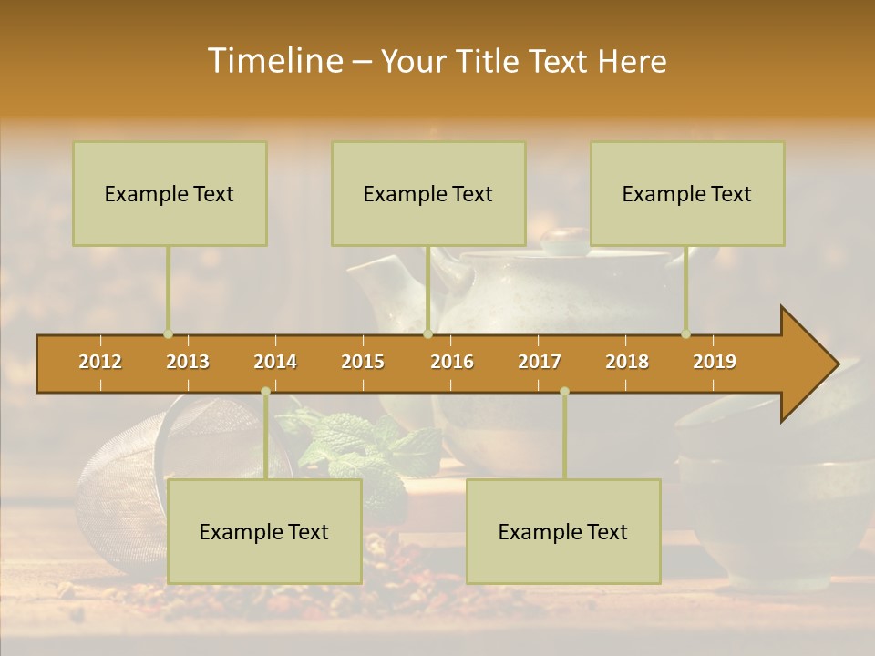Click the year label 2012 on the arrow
pyautogui.click(x=100, y=362)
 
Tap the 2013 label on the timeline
pyautogui.click(x=188, y=362)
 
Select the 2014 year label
pyautogui.click(x=275, y=362)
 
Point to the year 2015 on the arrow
pyautogui.click(x=363, y=362)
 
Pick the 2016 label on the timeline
pyautogui.click(x=452, y=362)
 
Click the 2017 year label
pyautogui.click(x=540, y=362)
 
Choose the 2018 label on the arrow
pyautogui.click(x=627, y=362)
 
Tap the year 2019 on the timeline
pyautogui.click(x=715, y=362)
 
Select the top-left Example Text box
pyautogui.click(x=170, y=194)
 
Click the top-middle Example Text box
pyautogui.click(x=428, y=194)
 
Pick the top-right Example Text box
pyautogui.click(x=687, y=194)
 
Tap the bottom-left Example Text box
pyautogui.click(x=264, y=531)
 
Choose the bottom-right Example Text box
pyautogui.click(x=563, y=531)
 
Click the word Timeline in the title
pyautogui.click(x=273, y=61)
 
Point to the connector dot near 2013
pyautogui.click(x=168, y=334)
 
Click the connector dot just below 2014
pyautogui.click(x=265, y=392)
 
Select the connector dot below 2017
pyautogui.click(x=564, y=392)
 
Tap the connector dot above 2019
pyautogui.click(x=685, y=334)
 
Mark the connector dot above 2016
pyautogui.click(x=427, y=334)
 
